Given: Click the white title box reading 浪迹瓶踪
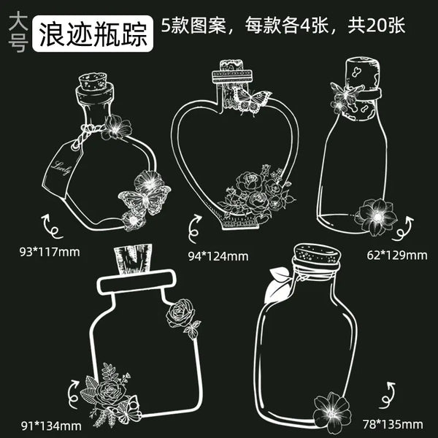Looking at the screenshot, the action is click(x=93, y=34).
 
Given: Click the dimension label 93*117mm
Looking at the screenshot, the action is click(x=50, y=252).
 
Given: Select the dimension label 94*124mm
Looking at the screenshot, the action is click(x=218, y=256).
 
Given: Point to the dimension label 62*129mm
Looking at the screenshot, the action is click(x=397, y=255).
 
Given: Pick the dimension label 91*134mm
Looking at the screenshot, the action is click(x=51, y=426).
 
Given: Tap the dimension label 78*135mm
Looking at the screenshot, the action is click(x=393, y=424).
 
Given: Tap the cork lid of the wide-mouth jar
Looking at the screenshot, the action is click(x=317, y=255).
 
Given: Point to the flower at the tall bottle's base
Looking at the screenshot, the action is click(x=376, y=217).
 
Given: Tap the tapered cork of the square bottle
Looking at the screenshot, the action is click(x=134, y=259).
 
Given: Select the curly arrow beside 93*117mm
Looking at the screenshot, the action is click(x=51, y=226).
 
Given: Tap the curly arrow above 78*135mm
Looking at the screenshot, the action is click(x=388, y=395).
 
